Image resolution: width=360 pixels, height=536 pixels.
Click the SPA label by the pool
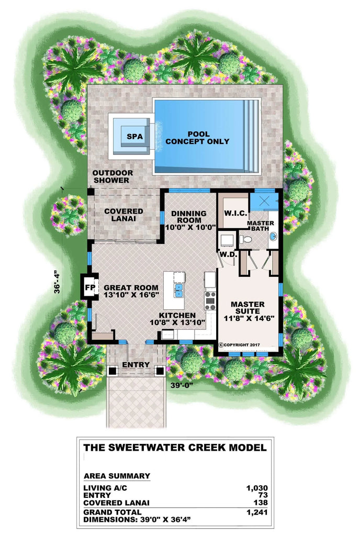pyautogui.click(x=134, y=136)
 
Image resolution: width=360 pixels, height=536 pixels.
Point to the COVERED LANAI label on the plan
pyautogui.click(x=123, y=214)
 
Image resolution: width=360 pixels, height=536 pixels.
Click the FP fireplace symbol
pyautogui.click(x=88, y=287)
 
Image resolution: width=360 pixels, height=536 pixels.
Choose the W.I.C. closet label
pyautogui.click(x=232, y=213)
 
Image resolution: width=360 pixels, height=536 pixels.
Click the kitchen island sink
pyautogui.click(x=178, y=289)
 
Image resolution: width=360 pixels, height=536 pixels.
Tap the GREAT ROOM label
pyautogui.click(x=131, y=291)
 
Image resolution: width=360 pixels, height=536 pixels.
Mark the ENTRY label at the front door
pyautogui.click(x=136, y=365)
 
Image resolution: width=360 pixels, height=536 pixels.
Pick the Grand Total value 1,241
pyautogui.click(x=257, y=512)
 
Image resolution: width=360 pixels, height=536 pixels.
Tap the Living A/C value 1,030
pyautogui.click(x=257, y=488)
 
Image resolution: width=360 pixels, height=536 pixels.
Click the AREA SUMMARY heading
pyautogui.click(x=117, y=476)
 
